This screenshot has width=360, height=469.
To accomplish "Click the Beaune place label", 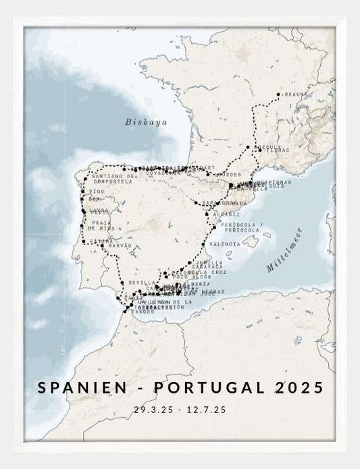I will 297,94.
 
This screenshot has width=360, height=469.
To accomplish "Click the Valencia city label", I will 225,244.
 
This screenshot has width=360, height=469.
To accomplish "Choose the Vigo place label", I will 97,192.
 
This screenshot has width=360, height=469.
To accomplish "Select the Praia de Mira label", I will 101,225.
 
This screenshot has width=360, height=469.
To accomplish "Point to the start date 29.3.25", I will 153,410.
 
